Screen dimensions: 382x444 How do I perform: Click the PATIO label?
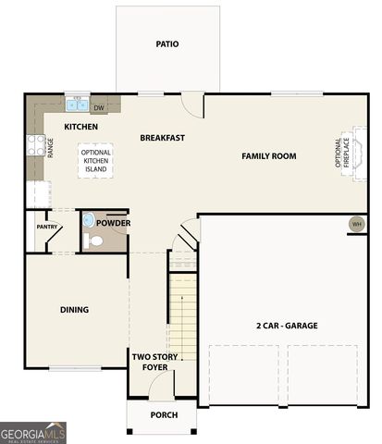point(167,44)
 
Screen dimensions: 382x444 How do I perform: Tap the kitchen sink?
point(77,105)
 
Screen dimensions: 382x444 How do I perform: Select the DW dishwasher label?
point(99,108)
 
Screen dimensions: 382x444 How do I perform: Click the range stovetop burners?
point(36,145)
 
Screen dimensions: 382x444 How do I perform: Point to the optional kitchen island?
point(95,161)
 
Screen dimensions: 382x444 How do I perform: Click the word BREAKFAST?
point(163,138)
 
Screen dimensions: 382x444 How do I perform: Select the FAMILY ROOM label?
point(269,156)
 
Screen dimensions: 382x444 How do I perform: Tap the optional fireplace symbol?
point(360,154)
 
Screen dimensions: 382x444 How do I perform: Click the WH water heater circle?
point(357,224)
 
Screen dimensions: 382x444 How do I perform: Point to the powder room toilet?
point(93,240)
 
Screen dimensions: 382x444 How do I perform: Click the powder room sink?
point(88,220)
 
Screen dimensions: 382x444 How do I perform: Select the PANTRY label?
point(47,227)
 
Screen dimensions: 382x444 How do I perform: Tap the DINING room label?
point(74,310)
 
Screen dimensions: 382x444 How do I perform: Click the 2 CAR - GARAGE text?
point(287,326)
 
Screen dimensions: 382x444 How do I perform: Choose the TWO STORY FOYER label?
point(154,362)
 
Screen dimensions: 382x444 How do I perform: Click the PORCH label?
point(164,415)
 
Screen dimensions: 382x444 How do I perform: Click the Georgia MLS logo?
point(33,433)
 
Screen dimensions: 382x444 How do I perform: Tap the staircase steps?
point(183,317)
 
